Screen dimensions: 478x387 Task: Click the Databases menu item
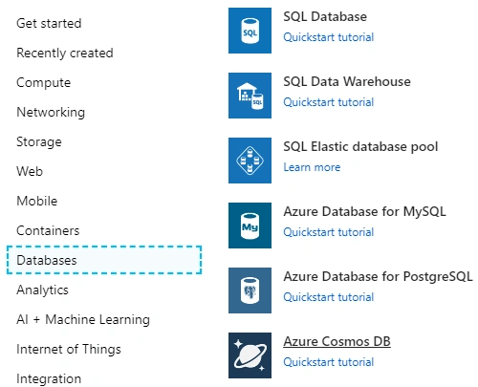[x=47, y=260]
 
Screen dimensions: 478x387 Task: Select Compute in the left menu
[x=43, y=83]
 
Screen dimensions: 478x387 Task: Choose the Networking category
[x=51, y=112]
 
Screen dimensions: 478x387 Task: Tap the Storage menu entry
[x=39, y=141]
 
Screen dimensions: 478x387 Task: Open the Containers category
[x=48, y=230]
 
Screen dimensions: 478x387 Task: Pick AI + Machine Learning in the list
[x=83, y=319]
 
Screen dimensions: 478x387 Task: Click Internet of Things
[x=69, y=349]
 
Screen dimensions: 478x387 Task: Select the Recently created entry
[x=65, y=54]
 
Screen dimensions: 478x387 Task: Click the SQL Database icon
[x=250, y=31]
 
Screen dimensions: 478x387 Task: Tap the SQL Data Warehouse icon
[x=250, y=96]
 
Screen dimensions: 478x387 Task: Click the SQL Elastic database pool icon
[x=250, y=161]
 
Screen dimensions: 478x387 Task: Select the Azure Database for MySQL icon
[x=250, y=226]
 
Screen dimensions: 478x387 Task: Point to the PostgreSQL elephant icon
[x=250, y=290]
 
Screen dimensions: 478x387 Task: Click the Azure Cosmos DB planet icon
[x=250, y=355]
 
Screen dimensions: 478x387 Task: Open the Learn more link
[x=312, y=167]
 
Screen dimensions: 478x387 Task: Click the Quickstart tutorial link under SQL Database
[x=329, y=37]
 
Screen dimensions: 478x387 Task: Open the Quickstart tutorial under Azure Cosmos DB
[x=329, y=362]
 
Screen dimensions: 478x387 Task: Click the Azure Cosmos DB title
[x=337, y=341]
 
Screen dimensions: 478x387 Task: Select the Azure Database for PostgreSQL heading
[x=378, y=276]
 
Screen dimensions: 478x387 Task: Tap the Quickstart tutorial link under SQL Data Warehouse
[x=329, y=102]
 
